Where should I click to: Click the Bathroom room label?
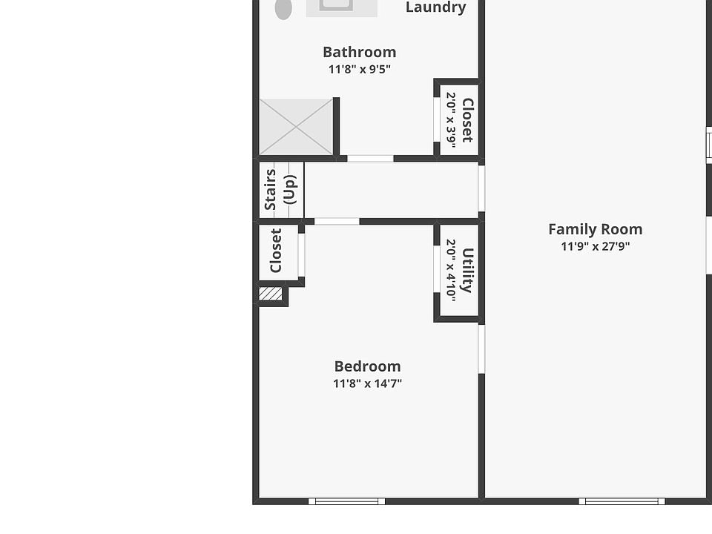click(x=359, y=52)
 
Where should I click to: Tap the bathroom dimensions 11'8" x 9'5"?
click(x=359, y=69)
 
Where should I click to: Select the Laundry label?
click(x=435, y=7)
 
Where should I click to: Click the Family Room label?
click(x=595, y=229)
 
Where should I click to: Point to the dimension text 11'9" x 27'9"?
click(x=595, y=246)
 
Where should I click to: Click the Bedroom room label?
click(x=367, y=366)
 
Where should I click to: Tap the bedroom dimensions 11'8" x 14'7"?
click(x=367, y=383)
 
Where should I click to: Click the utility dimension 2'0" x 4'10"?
click(x=451, y=269)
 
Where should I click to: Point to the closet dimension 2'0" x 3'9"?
click(x=451, y=120)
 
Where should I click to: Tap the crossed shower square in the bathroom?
click(x=296, y=127)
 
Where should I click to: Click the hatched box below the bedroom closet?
click(x=271, y=294)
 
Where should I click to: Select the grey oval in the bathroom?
click(x=283, y=9)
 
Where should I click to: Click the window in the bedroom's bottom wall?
click(x=346, y=501)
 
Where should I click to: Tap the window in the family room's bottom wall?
click(x=622, y=501)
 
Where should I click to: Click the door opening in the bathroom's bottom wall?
click(x=370, y=158)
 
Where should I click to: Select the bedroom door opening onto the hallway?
click(x=337, y=221)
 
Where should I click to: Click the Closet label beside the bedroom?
click(x=276, y=251)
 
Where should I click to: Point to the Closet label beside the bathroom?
click(x=467, y=120)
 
